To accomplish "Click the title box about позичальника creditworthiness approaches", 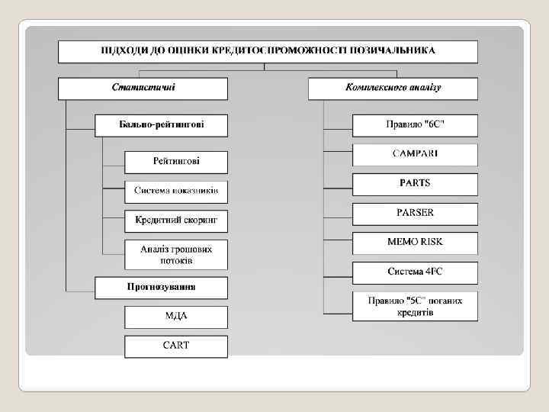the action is [268, 51].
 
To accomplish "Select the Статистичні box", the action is [143, 88].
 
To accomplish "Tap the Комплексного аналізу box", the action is [393, 88].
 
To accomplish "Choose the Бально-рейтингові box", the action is [161, 124].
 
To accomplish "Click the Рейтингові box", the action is [176, 162].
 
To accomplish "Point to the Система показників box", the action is [176, 191].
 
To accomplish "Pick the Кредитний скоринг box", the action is [176, 220].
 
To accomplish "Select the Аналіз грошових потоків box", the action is [176, 255].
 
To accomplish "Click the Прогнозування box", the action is [161, 288].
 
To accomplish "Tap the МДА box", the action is [176, 317].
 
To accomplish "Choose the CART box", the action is [176, 346].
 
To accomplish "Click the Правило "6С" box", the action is [415, 125].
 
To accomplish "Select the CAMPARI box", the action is [415, 155].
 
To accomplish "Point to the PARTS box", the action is [415, 184].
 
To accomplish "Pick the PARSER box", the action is [415, 213].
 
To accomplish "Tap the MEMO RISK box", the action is [415, 243].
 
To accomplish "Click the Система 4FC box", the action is [415, 272].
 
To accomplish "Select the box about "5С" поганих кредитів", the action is [415, 306].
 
